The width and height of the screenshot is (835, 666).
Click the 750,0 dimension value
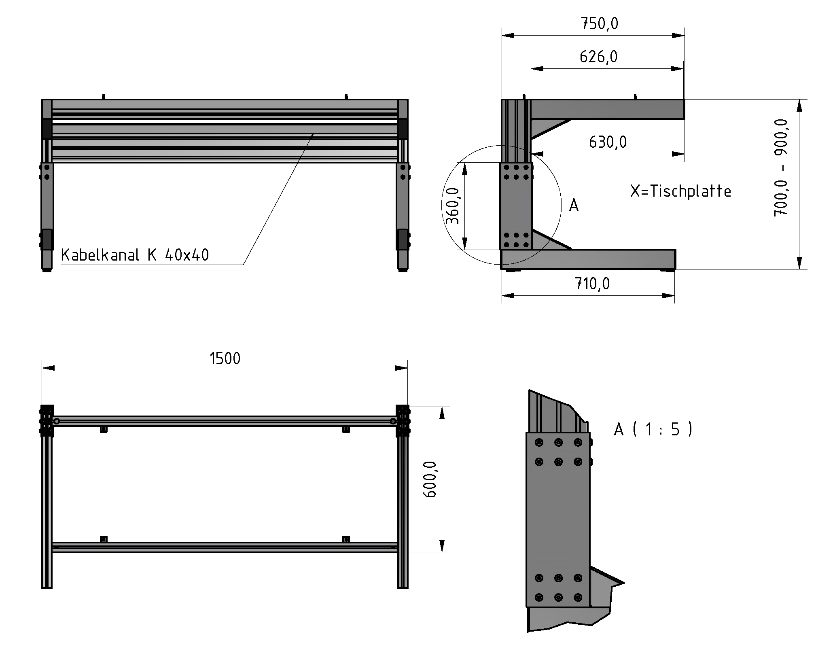click(600, 24)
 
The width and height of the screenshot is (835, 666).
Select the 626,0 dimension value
click(598, 57)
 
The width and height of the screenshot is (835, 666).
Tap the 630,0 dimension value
click(608, 142)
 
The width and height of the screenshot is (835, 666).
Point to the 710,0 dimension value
click(592, 284)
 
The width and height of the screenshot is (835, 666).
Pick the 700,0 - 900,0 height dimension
click(781, 168)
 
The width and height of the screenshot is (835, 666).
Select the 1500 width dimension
click(225, 358)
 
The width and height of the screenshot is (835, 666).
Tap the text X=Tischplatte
click(680, 191)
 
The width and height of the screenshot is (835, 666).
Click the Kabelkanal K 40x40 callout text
click(135, 255)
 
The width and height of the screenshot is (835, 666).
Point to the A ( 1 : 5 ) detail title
click(653, 429)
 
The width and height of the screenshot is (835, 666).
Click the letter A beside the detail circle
click(574, 206)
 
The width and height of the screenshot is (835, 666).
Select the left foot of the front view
click(47, 261)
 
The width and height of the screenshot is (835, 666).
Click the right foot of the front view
click(403, 261)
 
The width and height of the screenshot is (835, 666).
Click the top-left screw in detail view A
click(538, 443)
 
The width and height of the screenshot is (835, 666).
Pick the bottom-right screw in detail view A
click(578, 597)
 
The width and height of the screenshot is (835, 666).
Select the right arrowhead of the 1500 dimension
click(401, 368)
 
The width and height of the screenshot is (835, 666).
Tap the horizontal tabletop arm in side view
click(607, 109)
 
